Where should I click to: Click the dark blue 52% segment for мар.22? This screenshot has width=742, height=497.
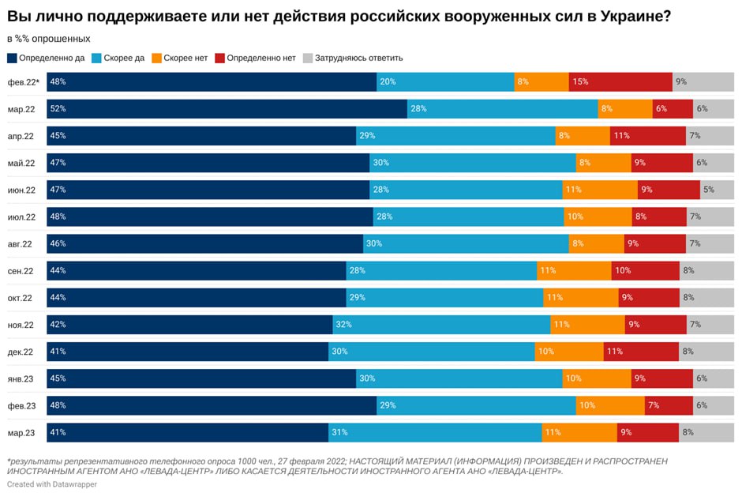[227, 109]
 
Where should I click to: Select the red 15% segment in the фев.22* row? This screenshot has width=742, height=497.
[620, 82]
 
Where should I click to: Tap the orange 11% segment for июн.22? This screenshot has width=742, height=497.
[600, 190]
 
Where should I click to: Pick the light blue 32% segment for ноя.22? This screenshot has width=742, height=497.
[441, 325]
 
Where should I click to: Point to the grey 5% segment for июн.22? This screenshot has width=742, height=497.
[717, 190]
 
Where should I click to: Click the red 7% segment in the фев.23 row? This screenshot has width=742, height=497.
[669, 405]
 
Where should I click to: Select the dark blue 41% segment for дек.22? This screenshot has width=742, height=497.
[188, 352]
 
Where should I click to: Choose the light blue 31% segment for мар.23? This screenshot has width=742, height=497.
[435, 432]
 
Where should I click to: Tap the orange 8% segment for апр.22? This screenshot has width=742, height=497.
[583, 136]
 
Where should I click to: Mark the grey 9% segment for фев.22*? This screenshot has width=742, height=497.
[703, 82]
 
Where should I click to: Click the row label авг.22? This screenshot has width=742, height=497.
[21, 244]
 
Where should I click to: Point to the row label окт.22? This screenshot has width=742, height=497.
[21, 298]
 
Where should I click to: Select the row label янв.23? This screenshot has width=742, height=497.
[21, 378]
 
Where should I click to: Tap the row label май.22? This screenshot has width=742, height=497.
[21, 163]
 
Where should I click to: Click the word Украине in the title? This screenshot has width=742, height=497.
[630, 16]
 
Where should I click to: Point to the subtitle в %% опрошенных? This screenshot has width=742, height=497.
[49, 39]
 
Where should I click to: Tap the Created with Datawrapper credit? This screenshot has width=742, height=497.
[52, 484]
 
